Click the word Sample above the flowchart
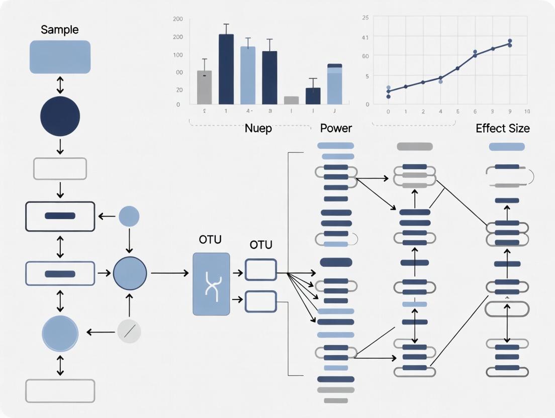(x=60, y=30)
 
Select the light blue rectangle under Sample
(x=60, y=57)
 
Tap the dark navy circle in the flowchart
(x=60, y=116)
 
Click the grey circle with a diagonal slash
(x=129, y=332)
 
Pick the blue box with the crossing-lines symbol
(x=211, y=284)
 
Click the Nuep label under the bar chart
(x=258, y=129)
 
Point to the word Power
(x=336, y=129)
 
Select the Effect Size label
(x=502, y=129)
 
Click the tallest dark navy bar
(x=226, y=69)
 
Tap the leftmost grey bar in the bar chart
(x=204, y=87)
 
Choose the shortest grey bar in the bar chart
(x=291, y=100)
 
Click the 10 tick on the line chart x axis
(x=526, y=112)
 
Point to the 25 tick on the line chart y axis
(x=365, y=18)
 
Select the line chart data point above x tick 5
(x=457, y=68)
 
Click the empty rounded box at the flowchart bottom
(x=60, y=391)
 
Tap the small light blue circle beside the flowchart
(x=129, y=217)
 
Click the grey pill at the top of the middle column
(x=414, y=147)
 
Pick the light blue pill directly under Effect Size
(x=507, y=147)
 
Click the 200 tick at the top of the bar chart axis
(x=178, y=19)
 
